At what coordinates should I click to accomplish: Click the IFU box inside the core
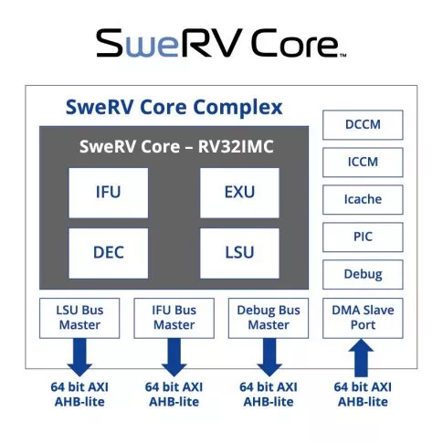click(x=109, y=193)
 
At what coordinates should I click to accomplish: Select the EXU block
click(x=239, y=193)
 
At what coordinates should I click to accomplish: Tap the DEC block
click(x=109, y=253)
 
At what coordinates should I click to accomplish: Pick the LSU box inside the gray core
click(x=239, y=253)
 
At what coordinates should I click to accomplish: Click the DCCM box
click(x=363, y=125)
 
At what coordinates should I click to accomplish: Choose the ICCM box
click(x=363, y=163)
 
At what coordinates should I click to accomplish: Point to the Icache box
click(x=363, y=200)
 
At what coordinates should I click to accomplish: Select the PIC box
click(x=363, y=237)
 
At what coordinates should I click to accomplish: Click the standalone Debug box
click(x=363, y=275)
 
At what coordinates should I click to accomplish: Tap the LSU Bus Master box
click(x=79, y=318)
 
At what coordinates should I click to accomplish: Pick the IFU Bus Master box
click(x=174, y=318)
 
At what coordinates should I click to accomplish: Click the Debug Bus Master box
click(x=269, y=318)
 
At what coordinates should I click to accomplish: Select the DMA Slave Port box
click(x=363, y=318)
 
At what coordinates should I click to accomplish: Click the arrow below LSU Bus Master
click(x=79, y=357)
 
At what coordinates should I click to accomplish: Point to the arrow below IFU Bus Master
click(x=174, y=357)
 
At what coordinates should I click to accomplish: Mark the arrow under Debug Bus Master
click(x=269, y=357)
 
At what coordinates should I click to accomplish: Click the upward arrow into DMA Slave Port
click(x=361, y=358)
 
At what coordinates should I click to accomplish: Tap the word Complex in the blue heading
click(x=237, y=108)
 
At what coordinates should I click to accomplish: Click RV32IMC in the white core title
click(x=236, y=146)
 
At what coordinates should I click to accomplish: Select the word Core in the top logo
click(x=295, y=43)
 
